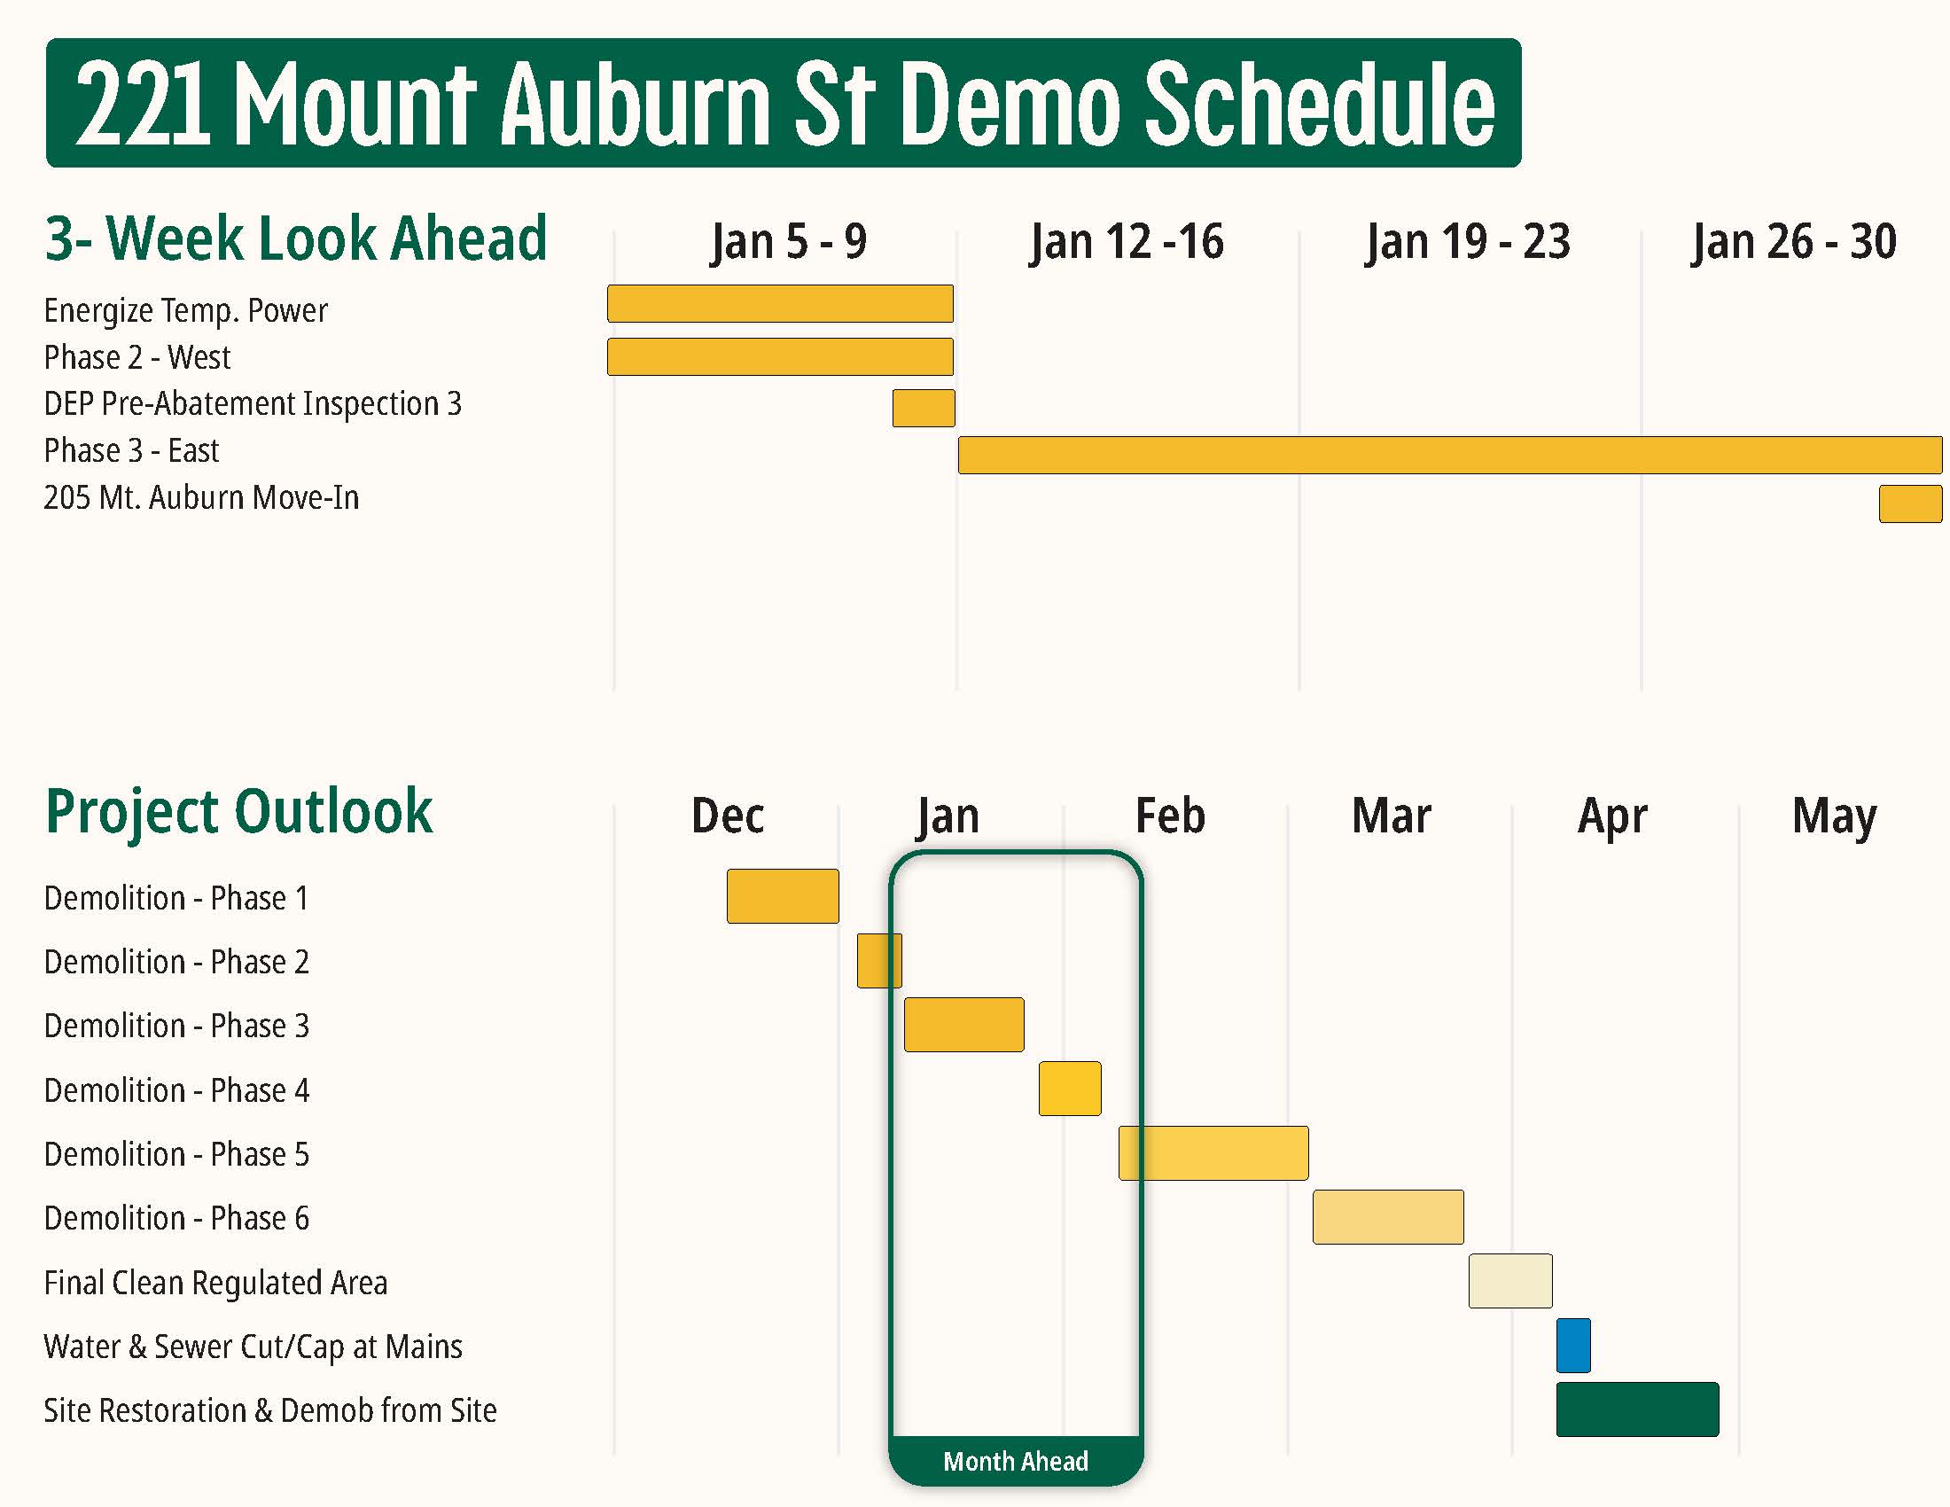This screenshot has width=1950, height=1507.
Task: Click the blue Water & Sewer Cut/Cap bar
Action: pos(1573,1345)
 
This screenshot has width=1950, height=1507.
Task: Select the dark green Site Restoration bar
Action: pos(1636,1409)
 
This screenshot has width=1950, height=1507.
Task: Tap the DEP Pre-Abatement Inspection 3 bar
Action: pos(924,408)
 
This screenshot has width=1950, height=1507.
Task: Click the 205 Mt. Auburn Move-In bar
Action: pos(1910,504)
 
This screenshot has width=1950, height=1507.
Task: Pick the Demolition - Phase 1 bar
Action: pos(782,895)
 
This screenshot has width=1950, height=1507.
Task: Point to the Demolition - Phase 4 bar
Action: pos(1070,1089)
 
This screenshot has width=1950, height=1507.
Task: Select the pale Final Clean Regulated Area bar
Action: pos(1509,1280)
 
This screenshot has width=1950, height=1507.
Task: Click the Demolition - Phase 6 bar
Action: pos(1387,1216)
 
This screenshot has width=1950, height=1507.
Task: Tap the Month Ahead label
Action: pos(1015,1462)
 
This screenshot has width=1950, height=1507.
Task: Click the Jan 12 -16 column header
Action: pos(1126,241)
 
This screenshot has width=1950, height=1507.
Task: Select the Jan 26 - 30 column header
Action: pos(1794,241)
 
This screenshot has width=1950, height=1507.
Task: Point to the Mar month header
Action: pos(1391,815)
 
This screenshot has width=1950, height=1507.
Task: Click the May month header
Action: pos(1834,815)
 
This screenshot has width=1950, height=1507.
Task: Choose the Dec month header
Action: pos(728,815)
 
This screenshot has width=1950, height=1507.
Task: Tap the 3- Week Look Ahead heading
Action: pos(295,238)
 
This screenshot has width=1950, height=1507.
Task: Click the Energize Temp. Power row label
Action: pos(186,310)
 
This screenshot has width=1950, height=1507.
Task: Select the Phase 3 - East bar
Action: pos(1449,455)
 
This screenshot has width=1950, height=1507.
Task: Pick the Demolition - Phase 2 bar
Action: pos(878,960)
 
